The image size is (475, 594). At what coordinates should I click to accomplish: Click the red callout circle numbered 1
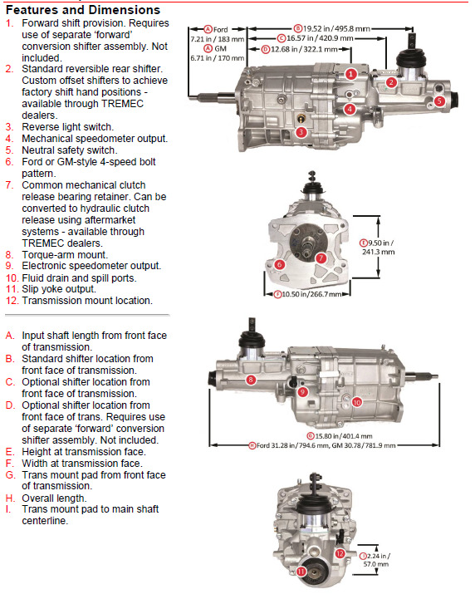pos(351,74)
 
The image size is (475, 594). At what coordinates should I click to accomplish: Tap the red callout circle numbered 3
pos(301,131)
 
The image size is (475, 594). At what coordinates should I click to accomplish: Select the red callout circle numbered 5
pos(439,101)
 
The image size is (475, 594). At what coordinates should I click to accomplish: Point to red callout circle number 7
pos(321,258)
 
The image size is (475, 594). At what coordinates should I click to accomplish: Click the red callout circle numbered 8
pos(250,380)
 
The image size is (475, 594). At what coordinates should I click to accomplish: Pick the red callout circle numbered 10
pos(356,401)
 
